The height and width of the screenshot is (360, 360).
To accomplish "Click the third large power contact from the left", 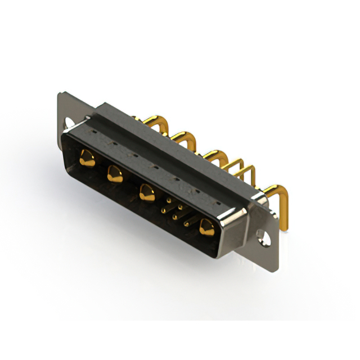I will coord(147,193).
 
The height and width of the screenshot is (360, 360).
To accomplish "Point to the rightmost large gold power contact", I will coord(206,227).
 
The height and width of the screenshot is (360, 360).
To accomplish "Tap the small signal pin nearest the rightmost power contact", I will coord(187,223).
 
